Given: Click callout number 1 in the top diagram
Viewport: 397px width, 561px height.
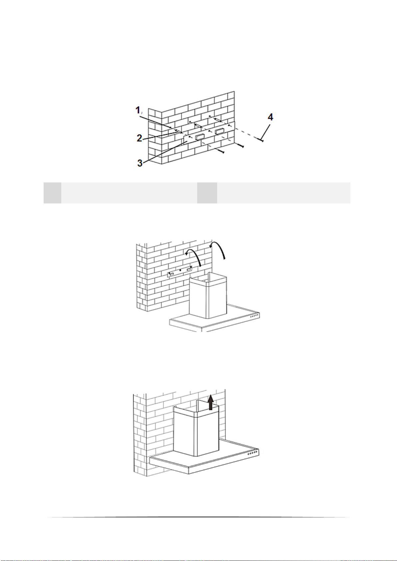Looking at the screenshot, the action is pos(138,110).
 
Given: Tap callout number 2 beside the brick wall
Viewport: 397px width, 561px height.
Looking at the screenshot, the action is pos(140,138).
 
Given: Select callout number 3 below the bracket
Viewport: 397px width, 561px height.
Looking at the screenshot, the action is pos(140,163).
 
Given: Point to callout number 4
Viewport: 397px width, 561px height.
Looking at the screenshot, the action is pos(270,117).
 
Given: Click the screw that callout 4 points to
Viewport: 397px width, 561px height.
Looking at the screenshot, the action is pos(260,140).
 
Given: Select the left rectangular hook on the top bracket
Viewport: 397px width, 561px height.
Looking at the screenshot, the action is pos(200,137).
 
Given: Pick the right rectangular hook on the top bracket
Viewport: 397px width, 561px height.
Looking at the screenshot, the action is pos(219,131).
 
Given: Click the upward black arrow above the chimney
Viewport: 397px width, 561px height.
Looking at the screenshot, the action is pos(210,403).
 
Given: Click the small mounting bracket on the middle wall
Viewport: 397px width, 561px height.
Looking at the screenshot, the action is pos(180,271).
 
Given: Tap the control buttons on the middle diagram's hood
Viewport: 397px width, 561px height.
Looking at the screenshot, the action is pos(254,316).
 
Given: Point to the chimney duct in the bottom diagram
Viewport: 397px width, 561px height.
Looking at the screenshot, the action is pos(196,428).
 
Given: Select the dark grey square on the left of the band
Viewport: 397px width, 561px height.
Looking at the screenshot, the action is pos(52,193).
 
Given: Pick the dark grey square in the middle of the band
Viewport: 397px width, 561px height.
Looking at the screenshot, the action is pos(207,193).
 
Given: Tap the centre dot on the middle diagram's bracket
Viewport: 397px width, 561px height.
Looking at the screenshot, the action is pos(180,270).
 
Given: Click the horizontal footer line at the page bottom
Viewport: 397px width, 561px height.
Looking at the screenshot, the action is pos(198,517).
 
